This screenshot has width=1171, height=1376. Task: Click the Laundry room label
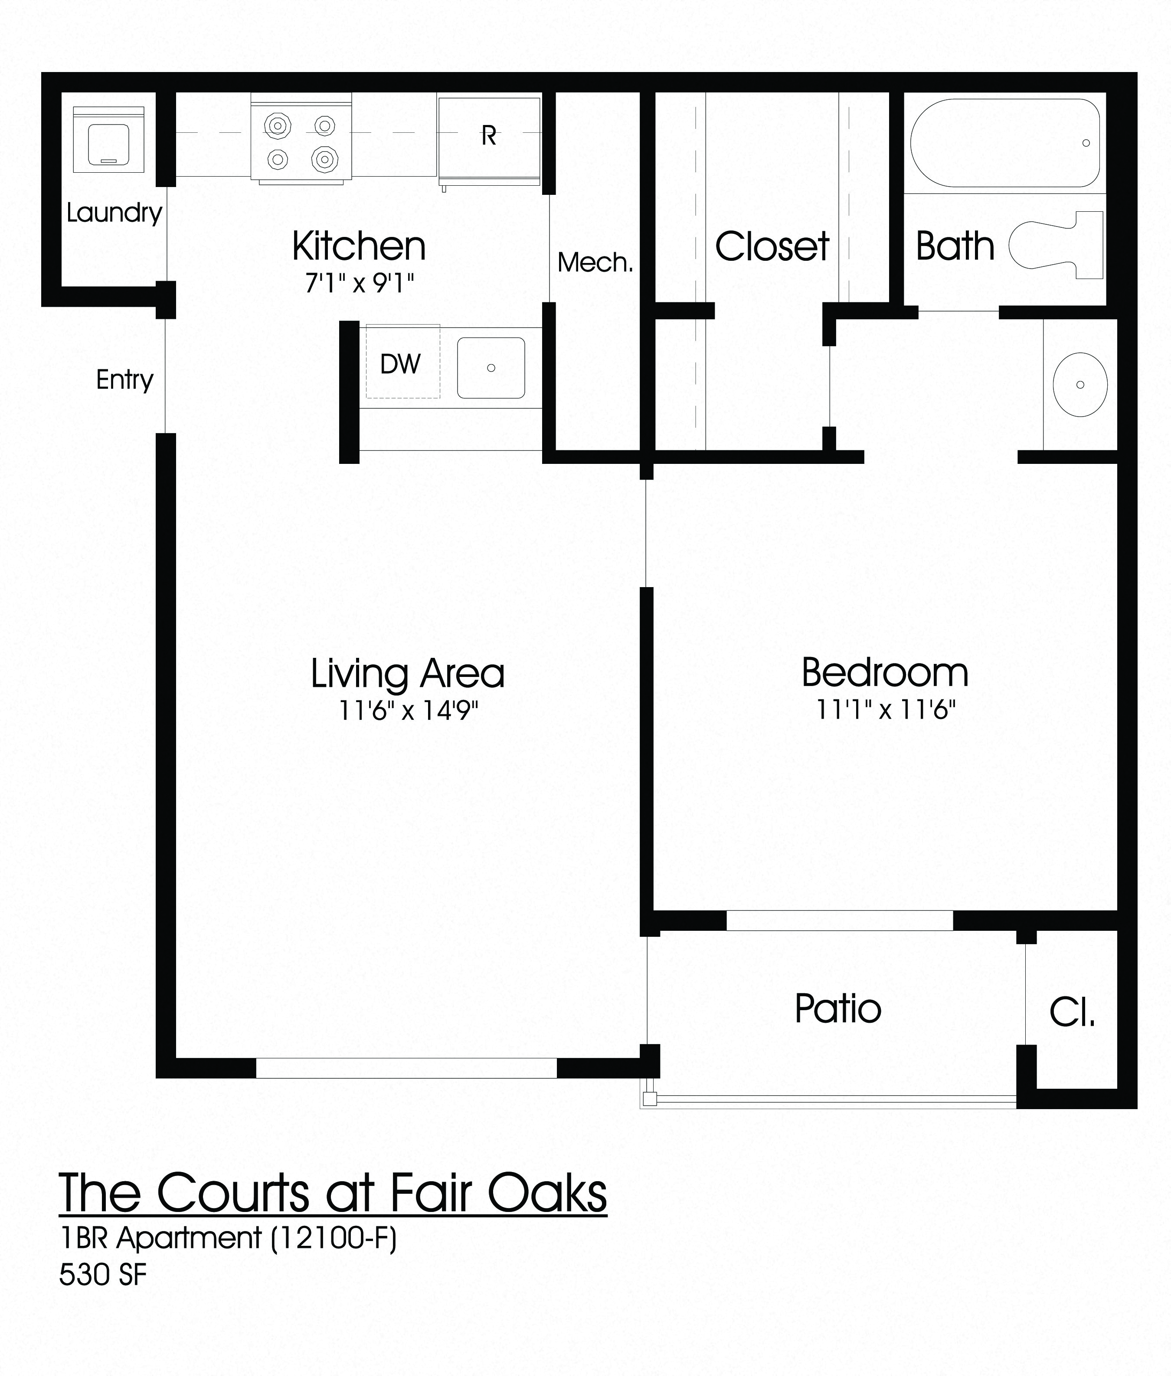pyautogui.click(x=114, y=213)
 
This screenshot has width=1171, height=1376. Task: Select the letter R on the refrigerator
pyautogui.click(x=489, y=136)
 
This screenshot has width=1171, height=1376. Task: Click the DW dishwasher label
pyautogui.click(x=400, y=364)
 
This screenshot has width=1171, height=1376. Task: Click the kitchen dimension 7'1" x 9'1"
pyautogui.click(x=359, y=283)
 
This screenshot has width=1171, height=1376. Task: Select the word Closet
pyautogui.click(x=772, y=247)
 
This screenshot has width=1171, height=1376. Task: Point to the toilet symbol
pyautogui.click(x=1056, y=245)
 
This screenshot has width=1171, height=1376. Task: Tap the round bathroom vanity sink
pyautogui.click(x=1079, y=384)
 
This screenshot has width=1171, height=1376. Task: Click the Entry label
pyautogui.click(x=125, y=380)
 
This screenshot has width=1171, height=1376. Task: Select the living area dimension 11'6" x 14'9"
pyautogui.click(x=408, y=711)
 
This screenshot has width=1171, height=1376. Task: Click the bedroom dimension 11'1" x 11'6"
pyautogui.click(x=886, y=710)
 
